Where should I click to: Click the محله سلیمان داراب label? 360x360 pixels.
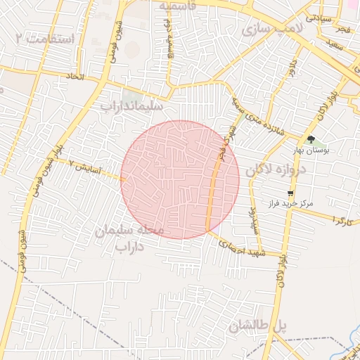(x=129, y=238)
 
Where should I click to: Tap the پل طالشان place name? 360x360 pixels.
(x=258, y=326)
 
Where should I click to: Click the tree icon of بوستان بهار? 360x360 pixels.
(x=311, y=139)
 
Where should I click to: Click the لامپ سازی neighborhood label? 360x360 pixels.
(x=267, y=30)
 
